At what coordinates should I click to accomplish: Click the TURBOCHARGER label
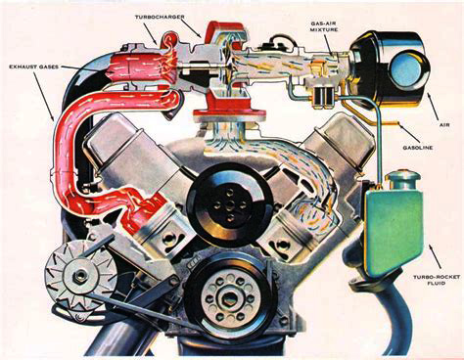click(x=160, y=17)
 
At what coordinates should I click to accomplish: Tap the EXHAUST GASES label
click(x=33, y=67)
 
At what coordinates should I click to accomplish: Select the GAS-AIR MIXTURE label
click(x=324, y=26)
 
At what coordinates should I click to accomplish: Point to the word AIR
click(x=444, y=124)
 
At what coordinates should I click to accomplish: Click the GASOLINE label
click(x=418, y=148)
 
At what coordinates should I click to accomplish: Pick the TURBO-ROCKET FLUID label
click(x=437, y=280)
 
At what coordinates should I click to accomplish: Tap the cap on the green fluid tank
click(x=402, y=180)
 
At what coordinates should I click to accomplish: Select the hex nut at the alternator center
click(x=77, y=277)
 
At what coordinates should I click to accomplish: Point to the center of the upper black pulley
click(x=231, y=204)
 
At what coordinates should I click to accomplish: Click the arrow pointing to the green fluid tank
click(x=435, y=256)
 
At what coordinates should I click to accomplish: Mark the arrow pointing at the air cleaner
click(x=433, y=106)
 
